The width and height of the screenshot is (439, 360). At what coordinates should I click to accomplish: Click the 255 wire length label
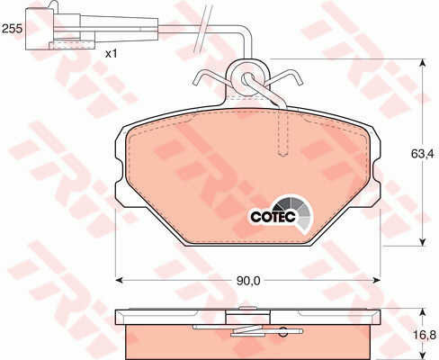(x=12, y=29)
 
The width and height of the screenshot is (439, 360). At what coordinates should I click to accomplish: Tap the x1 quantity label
(x=111, y=54)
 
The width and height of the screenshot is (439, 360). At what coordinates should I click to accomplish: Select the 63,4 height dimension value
(x=422, y=154)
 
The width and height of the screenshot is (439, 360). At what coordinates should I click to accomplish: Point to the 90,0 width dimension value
(x=248, y=281)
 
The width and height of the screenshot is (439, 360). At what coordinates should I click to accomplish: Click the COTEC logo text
(x=273, y=216)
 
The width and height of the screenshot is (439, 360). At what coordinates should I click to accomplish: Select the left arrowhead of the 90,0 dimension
(x=120, y=280)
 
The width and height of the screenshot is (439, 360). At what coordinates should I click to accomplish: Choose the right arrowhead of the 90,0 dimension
(x=376, y=280)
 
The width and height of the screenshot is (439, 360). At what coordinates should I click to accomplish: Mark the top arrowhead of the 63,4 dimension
(x=422, y=63)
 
